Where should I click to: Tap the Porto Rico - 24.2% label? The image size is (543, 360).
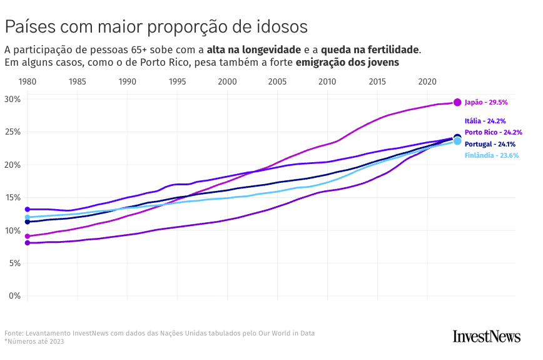[493, 133]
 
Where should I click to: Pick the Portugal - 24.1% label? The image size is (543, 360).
[490, 144]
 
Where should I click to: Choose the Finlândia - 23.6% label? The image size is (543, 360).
[492, 155]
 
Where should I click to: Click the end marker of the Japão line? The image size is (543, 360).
[457, 102]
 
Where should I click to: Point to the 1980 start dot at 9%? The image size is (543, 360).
[28, 236]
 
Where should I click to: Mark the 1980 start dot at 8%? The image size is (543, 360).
[28, 243]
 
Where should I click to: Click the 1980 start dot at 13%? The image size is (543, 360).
[28, 209]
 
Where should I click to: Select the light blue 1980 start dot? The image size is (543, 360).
[28, 217]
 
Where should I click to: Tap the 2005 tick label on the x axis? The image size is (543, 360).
[277, 81]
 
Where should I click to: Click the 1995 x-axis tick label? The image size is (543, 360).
[177, 81]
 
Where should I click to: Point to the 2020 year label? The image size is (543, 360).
[427, 81]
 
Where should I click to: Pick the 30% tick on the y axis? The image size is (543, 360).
[13, 99]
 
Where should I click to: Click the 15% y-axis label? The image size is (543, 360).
[13, 197]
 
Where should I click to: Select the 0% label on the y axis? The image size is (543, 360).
[14, 296]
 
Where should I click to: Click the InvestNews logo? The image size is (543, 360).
[486, 337]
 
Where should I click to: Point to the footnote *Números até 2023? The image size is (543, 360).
[34, 342]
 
